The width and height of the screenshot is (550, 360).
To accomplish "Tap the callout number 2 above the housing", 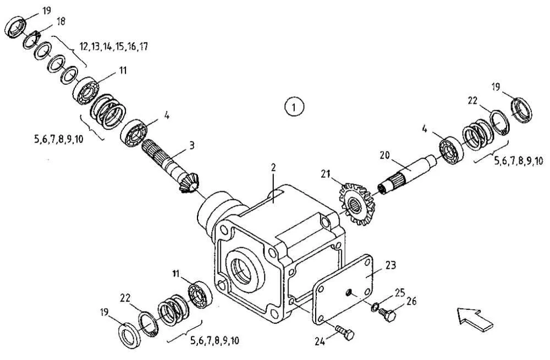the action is click(273, 167).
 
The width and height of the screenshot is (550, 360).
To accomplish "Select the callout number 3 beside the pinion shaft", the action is click(191, 145).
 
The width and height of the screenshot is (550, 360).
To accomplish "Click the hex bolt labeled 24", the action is click(345, 332).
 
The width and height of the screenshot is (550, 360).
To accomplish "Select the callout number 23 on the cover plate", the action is click(391, 265).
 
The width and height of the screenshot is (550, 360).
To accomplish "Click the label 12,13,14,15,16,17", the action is click(114, 46).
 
